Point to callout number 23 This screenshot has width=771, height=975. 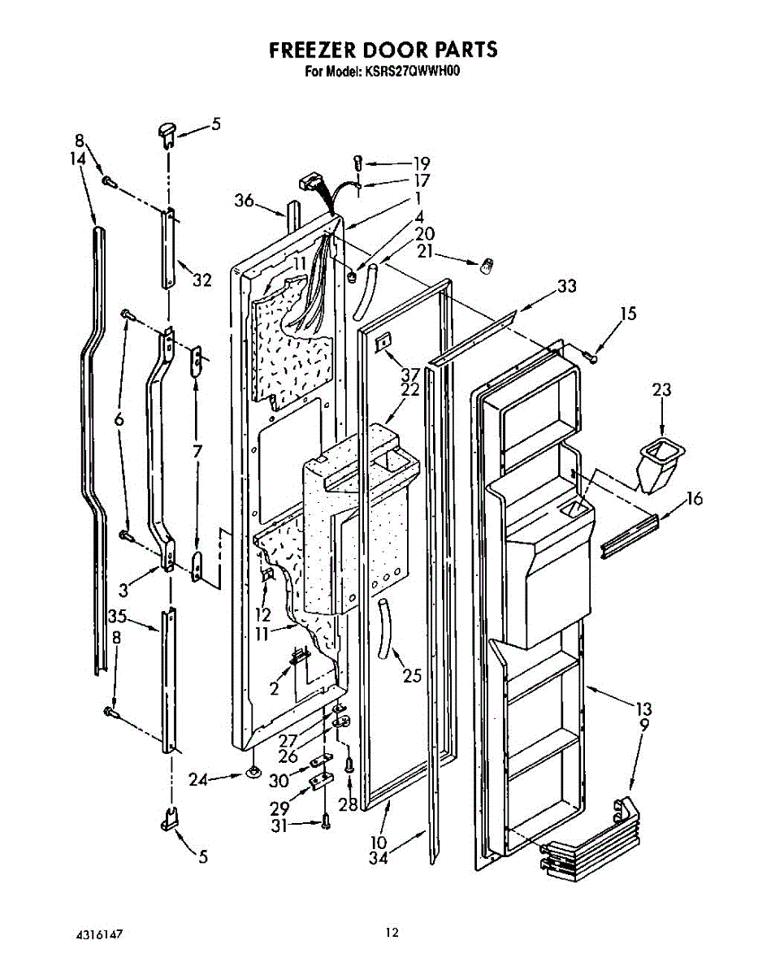(662, 390)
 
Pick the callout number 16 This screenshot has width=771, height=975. (694, 499)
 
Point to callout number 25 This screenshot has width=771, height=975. (412, 675)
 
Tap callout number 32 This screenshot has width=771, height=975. (201, 280)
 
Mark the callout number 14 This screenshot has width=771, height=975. (78, 160)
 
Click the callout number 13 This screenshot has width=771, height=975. (643, 709)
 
